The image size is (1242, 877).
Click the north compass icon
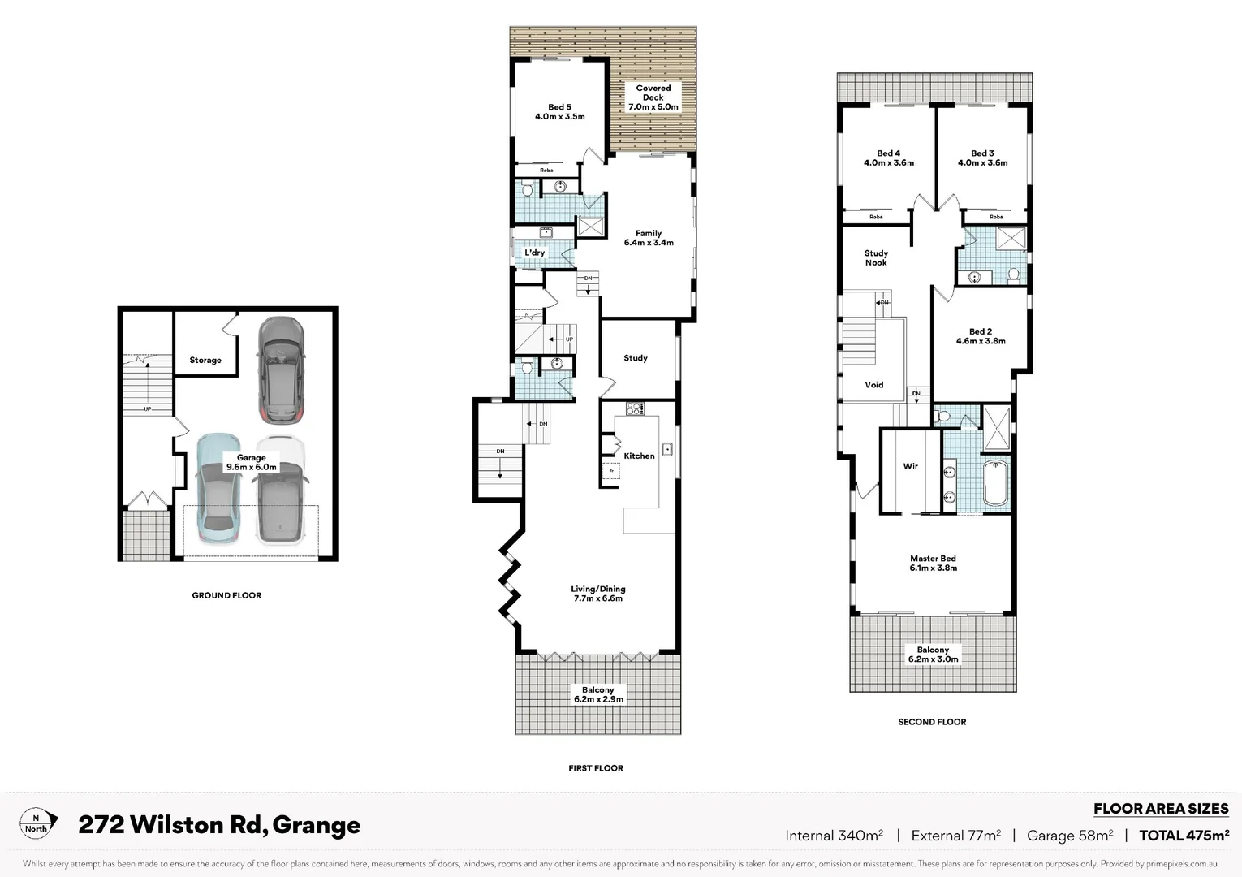click(37, 823)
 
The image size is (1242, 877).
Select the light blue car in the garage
click(218, 489)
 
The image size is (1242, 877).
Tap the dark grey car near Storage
click(281, 370)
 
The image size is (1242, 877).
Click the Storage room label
click(205, 360)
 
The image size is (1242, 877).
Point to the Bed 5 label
click(559, 112)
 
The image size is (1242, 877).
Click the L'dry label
click(534, 253)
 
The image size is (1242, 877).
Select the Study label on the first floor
click(636, 358)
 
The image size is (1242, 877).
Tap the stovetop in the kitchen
click(634, 408)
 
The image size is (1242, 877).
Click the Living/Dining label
click(598, 594)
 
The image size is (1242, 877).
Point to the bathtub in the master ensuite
click(995, 484)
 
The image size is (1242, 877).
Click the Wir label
click(911, 466)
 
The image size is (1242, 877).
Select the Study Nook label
click(876, 257)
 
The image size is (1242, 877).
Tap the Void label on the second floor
click(873, 385)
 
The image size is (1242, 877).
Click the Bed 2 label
click(981, 336)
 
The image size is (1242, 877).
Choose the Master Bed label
click(933, 564)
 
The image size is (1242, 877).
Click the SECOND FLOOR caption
click(932, 722)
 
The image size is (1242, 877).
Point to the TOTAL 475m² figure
click(1184, 836)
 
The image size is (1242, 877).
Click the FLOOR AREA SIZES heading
click(1161, 809)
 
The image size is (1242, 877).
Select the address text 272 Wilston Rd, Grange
click(219, 825)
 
